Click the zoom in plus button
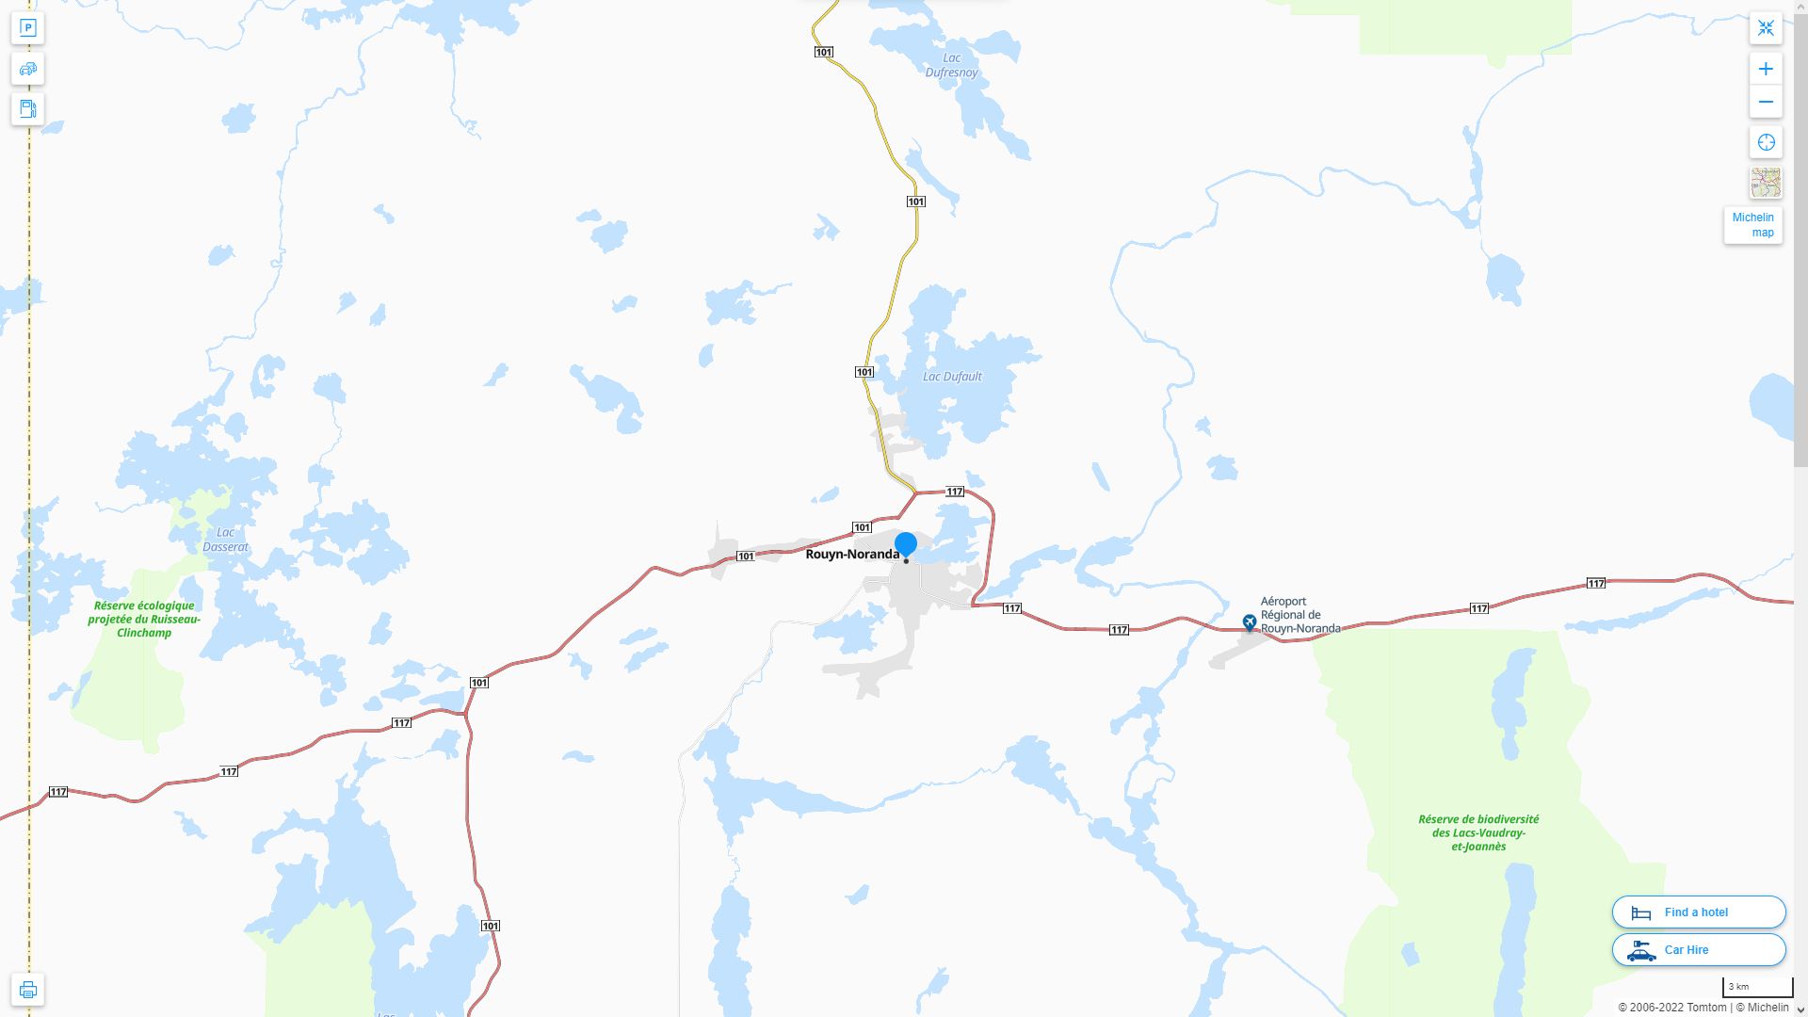1766,69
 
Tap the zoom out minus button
1766,102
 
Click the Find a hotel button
1699,912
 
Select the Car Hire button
1699,949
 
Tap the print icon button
27,989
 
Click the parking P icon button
27,27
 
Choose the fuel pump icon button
27,108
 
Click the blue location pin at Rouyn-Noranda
905,544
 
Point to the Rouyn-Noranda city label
851,555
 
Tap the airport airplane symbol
1250,621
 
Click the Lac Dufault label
952,377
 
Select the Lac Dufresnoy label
951,65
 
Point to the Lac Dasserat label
226,540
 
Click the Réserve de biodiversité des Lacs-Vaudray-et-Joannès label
1478,832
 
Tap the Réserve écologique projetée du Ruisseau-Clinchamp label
144,619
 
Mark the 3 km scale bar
1757,988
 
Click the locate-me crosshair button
1766,142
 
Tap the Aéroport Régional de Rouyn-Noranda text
1300,615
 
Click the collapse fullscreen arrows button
1766,27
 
